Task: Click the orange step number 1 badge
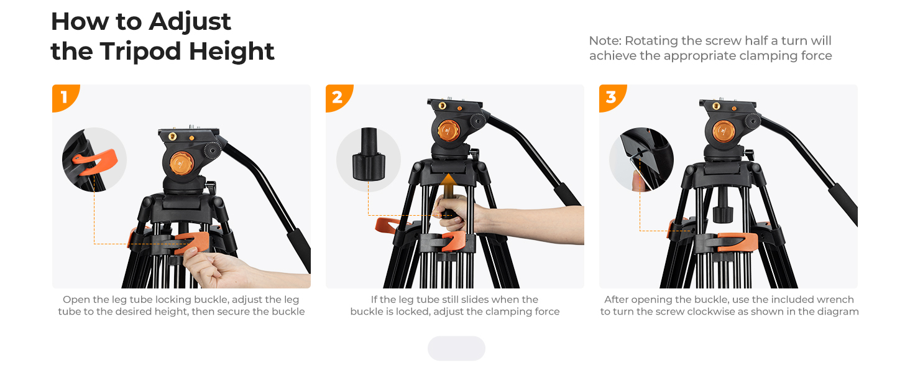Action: tap(64, 97)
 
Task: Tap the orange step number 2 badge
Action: tap(338, 97)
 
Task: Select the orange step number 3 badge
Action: tap(611, 97)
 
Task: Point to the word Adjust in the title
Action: tap(190, 22)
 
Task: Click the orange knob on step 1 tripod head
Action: tap(181, 163)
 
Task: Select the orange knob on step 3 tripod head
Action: tap(724, 131)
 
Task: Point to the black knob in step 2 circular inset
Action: tap(369, 155)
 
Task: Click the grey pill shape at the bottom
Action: tap(456, 348)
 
